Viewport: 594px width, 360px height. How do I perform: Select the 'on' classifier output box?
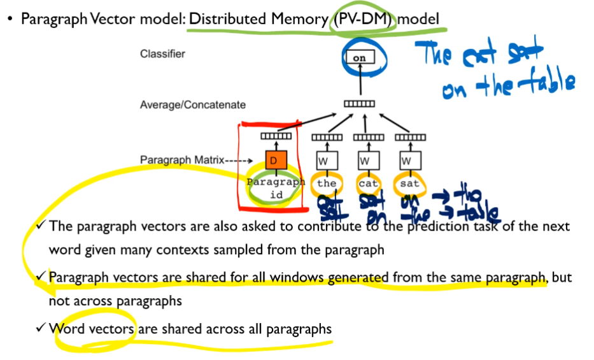tap(359, 58)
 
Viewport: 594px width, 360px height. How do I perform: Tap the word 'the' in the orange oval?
tap(327, 184)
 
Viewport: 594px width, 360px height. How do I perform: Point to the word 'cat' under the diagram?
tap(368, 184)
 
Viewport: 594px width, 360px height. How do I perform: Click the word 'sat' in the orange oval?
tap(410, 184)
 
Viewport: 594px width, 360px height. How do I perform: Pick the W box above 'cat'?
tap(365, 160)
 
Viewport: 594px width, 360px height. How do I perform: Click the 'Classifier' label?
tap(162, 54)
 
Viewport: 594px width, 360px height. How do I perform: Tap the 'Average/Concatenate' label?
tap(192, 104)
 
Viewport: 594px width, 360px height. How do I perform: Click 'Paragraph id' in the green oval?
tap(275, 188)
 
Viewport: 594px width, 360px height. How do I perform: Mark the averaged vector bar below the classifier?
tap(359, 104)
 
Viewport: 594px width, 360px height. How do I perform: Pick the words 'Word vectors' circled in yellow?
tap(92, 329)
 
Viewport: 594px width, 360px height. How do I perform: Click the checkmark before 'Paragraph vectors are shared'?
tap(41, 277)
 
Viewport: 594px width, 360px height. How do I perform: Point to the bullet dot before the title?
tap(10, 20)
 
